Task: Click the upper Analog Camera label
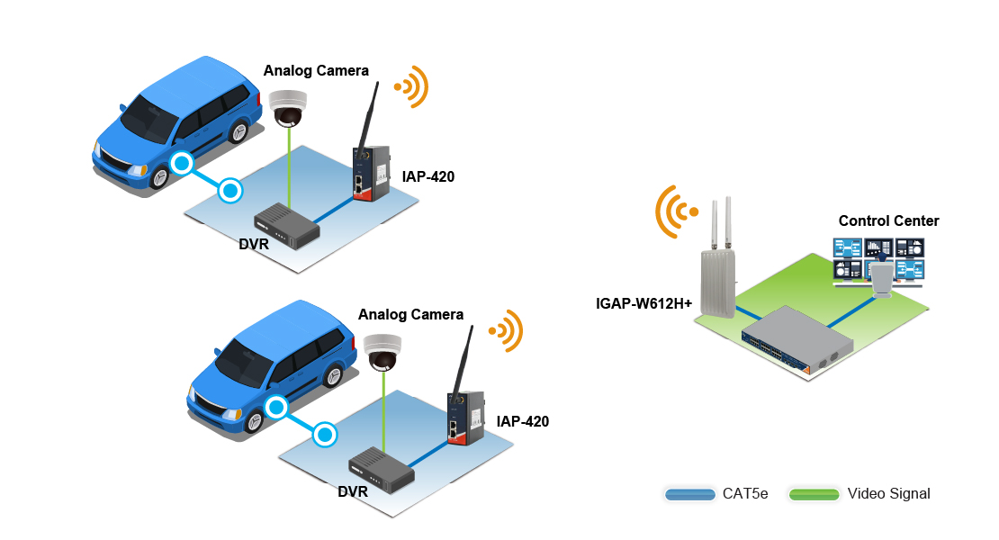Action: (x=315, y=70)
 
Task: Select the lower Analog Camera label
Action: (x=410, y=314)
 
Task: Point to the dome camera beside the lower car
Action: (x=383, y=352)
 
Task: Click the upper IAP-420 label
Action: (x=428, y=177)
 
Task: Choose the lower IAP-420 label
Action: (x=522, y=421)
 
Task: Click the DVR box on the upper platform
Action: (x=286, y=226)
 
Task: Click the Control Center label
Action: (x=888, y=220)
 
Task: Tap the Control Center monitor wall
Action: (x=877, y=261)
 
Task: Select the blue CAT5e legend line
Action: (x=689, y=493)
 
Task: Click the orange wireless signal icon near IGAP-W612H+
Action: (x=675, y=211)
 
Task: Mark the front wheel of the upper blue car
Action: (x=160, y=177)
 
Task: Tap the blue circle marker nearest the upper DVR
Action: (x=231, y=191)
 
